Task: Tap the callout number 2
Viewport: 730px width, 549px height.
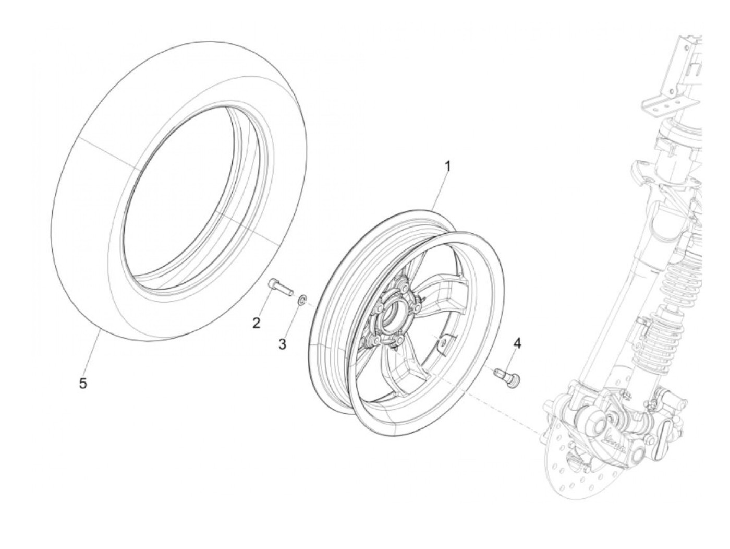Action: coord(256,324)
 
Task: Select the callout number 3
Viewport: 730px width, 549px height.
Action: coord(282,344)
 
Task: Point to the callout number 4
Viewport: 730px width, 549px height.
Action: coord(517,343)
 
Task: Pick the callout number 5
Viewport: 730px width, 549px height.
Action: coord(83,383)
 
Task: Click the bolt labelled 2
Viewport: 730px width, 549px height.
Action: coord(280,287)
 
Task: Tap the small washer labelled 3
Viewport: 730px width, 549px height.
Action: coord(301,301)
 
